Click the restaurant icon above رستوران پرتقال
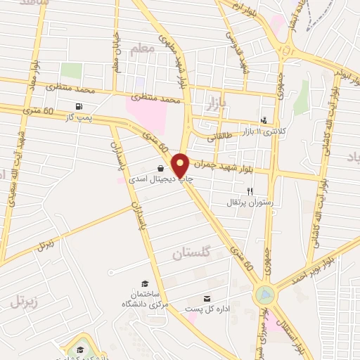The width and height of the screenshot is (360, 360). click(249, 191)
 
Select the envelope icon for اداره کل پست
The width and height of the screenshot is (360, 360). click(207, 298)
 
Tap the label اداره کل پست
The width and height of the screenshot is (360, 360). click(203, 309)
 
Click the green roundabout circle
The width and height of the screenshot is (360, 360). click(264, 294)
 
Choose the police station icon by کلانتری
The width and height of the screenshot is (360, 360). click(264, 120)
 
